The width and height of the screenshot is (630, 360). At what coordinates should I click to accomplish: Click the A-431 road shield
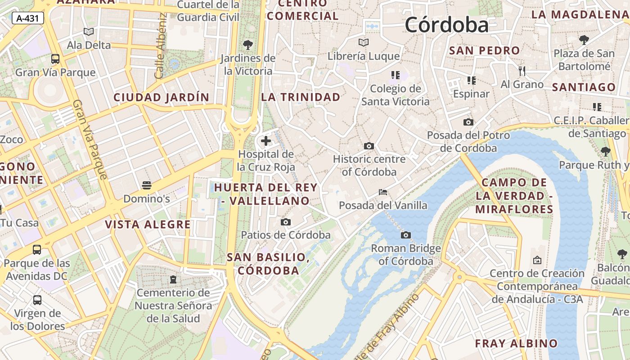coord(27,18)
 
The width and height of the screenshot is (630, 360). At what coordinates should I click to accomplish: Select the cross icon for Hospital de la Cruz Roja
coord(266,141)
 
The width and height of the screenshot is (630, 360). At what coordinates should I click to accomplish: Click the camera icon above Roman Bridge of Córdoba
coord(406,235)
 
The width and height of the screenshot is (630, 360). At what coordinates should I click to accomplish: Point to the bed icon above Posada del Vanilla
coord(383,192)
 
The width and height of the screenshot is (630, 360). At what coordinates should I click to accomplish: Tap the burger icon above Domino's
coord(146,185)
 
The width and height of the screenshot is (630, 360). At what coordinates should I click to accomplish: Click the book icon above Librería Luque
coord(364,43)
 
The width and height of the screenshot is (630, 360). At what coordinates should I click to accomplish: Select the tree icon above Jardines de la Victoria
coord(247,45)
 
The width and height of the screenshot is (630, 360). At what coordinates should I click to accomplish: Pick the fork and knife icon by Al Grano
coord(522,71)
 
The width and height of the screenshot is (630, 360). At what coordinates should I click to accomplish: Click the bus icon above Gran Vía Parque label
coord(55,59)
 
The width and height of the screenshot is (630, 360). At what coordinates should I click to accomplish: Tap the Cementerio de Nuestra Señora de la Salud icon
coord(173,279)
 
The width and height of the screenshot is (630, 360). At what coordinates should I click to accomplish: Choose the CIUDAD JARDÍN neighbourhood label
coord(161,97)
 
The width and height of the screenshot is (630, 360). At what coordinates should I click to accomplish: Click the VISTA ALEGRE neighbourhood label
coord(148,224)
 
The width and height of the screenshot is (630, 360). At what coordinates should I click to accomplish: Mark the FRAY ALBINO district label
coord(516,343)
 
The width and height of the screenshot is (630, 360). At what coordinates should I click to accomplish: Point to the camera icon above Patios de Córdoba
coord(285,222)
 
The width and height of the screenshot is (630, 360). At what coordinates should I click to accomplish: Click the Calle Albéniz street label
coord(161,46)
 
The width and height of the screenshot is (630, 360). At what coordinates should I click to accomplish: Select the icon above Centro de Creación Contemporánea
coord(537,260)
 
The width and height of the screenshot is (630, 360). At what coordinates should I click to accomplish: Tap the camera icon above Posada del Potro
coord(468,122)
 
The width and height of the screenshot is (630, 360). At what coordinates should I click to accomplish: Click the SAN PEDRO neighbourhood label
coord(484,50)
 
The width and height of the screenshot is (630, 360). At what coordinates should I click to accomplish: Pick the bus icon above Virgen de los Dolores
coord(37,300)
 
